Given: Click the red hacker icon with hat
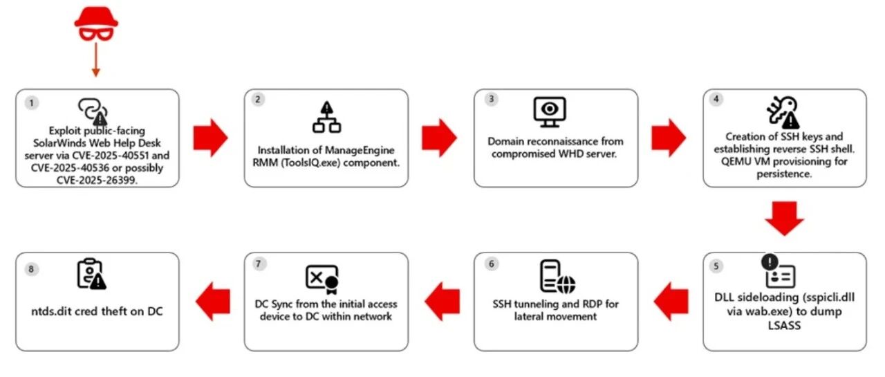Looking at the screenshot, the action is click(x=96, y=24).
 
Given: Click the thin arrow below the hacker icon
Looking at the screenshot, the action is click(x=95, y=59).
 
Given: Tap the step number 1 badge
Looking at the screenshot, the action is click(x=32, y=103).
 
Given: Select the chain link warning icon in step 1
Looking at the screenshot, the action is click(x=93, y=111).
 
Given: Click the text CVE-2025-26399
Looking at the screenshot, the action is click(x=97, y=181).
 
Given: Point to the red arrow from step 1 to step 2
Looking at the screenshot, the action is click(x=211, y=138).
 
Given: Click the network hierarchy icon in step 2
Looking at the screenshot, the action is click(x=327, y=117).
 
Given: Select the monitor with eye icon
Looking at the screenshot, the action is click(x=550, y=112).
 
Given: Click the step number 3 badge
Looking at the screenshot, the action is click(x=491, y=99).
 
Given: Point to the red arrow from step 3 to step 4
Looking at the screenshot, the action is click(x=669, y=138).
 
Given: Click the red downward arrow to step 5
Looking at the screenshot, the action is click(x=784, y=219).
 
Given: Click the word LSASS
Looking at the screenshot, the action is click(x=784, y=326).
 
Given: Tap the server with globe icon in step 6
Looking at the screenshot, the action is click(x=557, y=277).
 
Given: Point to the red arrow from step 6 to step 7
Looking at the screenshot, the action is click(x=442, y=301).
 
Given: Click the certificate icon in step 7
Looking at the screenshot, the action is click(x=322, y=279).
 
